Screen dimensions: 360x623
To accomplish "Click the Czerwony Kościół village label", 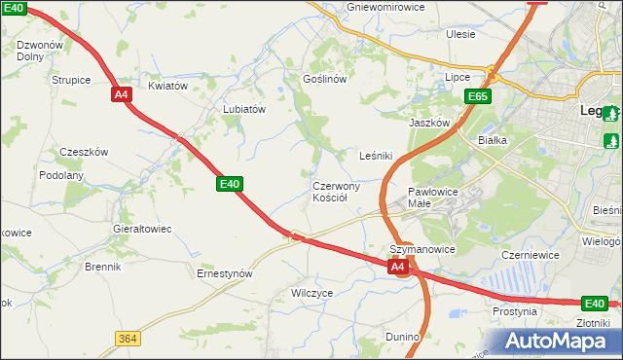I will click(336, 191).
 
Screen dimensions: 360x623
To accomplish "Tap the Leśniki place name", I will click(376, 155).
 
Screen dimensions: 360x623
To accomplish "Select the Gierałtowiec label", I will click(142, 229).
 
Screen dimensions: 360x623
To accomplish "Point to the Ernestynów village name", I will click(225, 273).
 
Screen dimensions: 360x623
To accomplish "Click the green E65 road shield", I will click(478, 96).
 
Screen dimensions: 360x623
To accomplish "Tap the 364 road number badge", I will click(127, 338).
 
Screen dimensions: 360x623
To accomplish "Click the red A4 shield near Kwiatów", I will click(122, 94).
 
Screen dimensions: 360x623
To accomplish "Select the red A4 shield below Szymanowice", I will click(397, 266).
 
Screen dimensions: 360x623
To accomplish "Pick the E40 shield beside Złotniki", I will click(595, 304).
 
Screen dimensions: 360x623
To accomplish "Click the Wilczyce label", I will click(312, 292).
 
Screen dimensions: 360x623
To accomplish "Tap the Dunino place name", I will click(402, 337).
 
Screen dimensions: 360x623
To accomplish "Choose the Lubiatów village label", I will click(244, 110).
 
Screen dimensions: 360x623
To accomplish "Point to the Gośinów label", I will click(325, 79).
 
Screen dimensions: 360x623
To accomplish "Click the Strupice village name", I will click(71, 79).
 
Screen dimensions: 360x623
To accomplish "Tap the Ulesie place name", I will click(460, 34).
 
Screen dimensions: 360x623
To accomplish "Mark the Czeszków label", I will click(84, 152).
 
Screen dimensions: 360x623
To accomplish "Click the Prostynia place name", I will click(515, 311).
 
